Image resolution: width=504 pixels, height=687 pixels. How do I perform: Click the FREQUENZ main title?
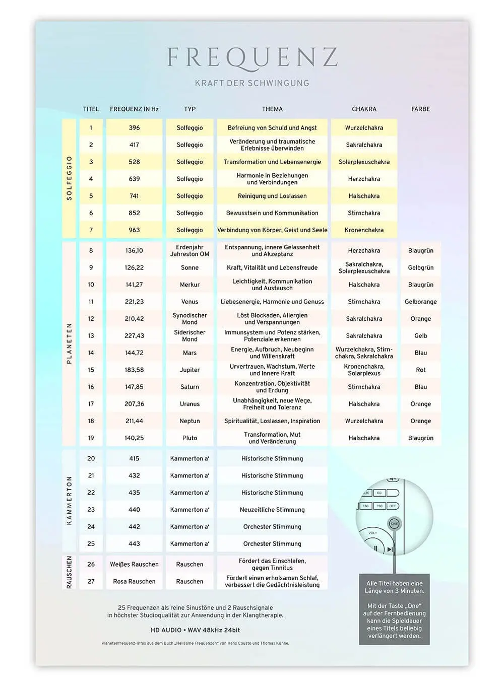[x=252, y=58]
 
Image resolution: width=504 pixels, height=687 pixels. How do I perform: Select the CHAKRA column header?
[x=364, y=109]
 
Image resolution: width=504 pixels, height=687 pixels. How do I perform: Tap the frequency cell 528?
[x=134, y=162]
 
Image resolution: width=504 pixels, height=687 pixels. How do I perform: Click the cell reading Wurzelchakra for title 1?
[x=364, y=128]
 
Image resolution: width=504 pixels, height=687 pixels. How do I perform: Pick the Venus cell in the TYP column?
[x=190, y=302]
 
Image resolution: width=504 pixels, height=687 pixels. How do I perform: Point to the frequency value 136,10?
[x=134, y=250]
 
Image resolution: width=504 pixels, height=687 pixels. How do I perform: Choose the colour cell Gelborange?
[x=420, y=302]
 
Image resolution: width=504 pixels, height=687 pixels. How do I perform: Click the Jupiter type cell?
[x=190, y=370]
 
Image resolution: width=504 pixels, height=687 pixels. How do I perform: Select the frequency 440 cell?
[x=134, y=510]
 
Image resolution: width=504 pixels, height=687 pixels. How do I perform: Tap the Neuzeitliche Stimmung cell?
[x=272, y=510]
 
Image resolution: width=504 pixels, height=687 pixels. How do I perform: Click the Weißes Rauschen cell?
[x=134, y=564]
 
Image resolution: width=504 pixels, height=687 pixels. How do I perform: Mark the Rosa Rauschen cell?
[x=134, y=581]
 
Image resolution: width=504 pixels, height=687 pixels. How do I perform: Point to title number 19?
[x=91, y=438]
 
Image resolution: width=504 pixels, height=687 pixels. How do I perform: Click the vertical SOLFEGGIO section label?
[x=69, y=178]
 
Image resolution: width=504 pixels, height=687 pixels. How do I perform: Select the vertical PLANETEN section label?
[x=69, y=343]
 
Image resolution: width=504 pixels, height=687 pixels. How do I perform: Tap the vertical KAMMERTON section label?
[x=69, y=501]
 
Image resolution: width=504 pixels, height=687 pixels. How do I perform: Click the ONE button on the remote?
[x=394, y=524]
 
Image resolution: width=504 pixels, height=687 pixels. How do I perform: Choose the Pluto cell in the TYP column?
[x=190, y=438]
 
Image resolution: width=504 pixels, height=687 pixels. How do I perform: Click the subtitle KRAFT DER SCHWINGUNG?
[x=252, y=83]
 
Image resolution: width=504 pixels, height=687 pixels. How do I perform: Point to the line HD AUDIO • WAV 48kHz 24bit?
[x=195, y=630]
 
